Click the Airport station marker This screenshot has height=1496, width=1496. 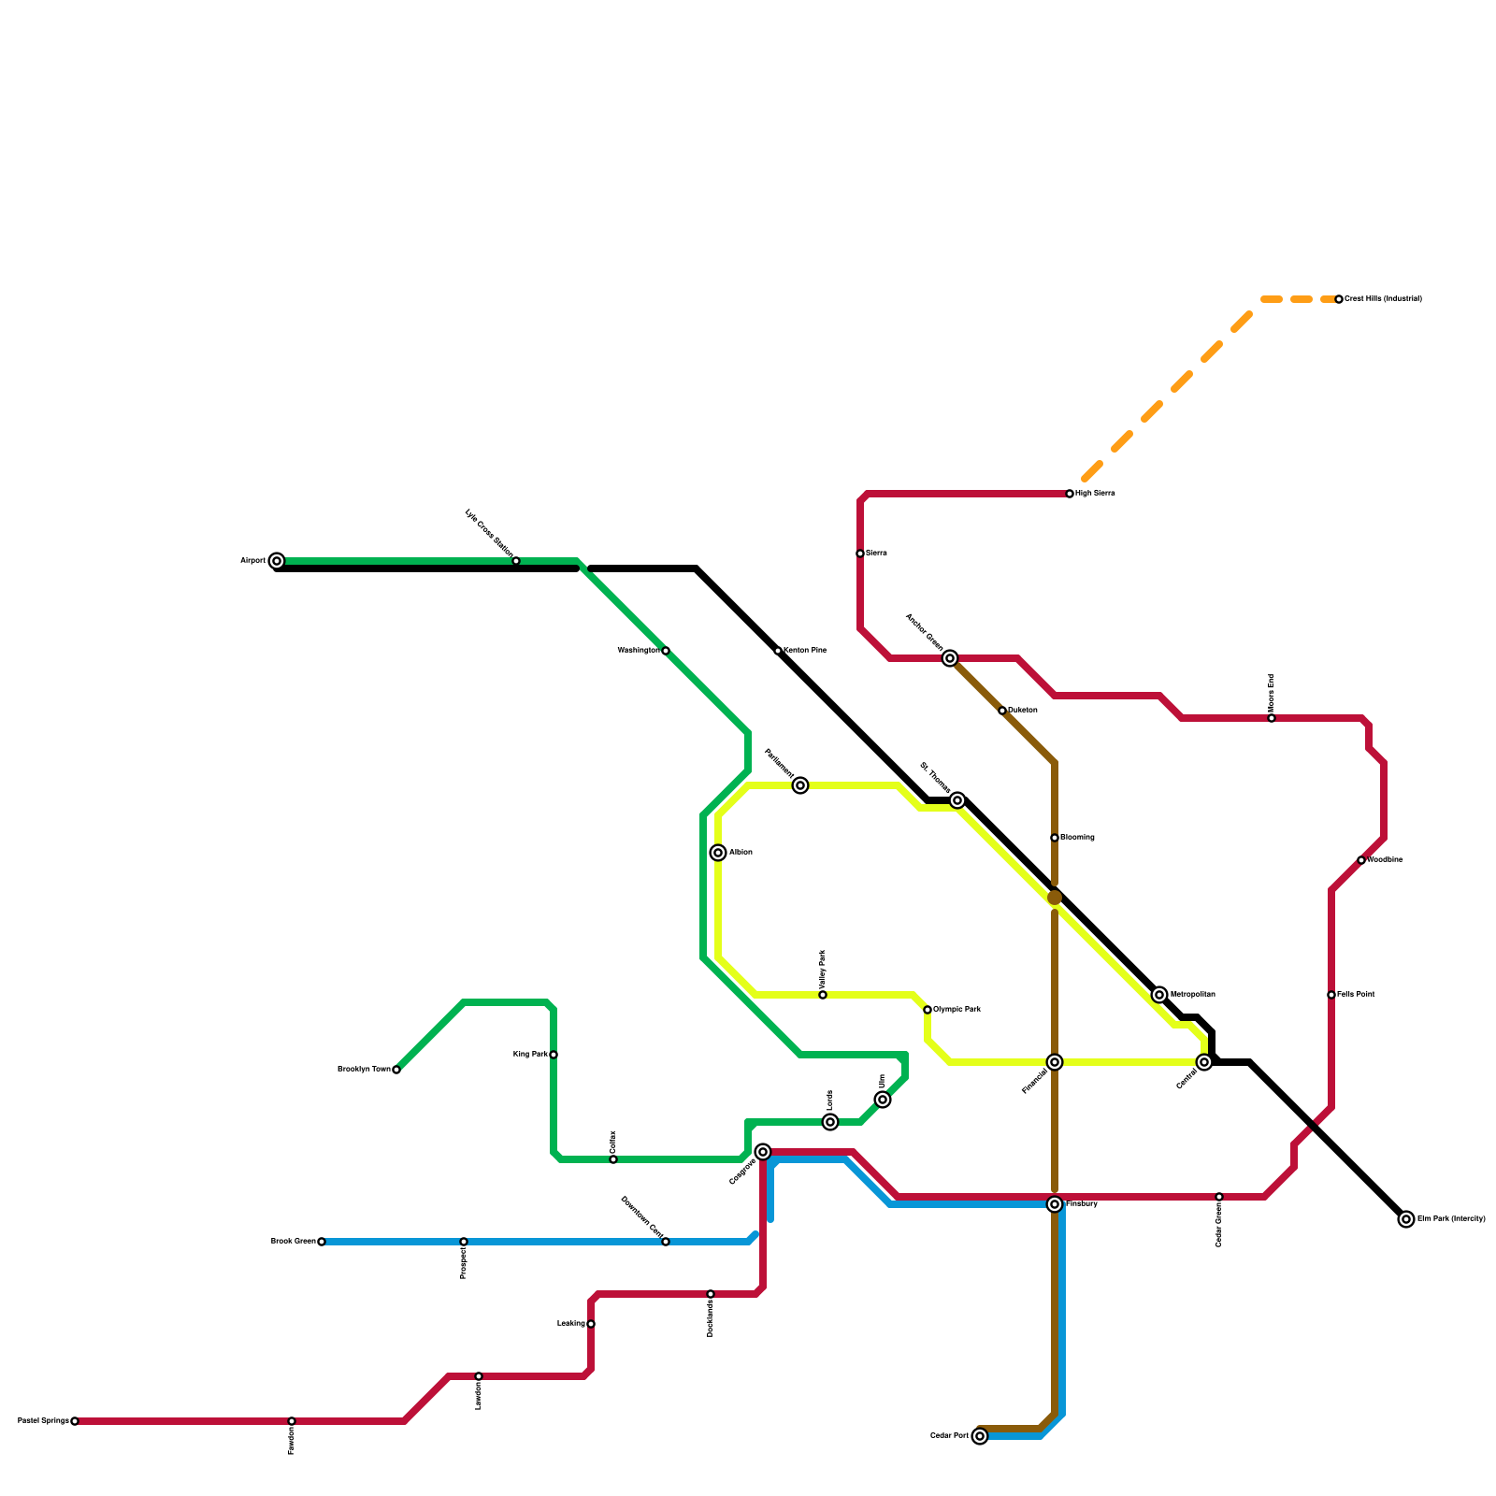point(277,561)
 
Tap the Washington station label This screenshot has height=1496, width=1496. point(638,651)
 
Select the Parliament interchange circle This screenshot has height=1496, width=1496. point(800,785)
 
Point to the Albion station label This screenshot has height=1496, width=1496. point(741,853)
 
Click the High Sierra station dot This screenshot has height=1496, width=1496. point(1070,494)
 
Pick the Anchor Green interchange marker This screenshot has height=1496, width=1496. point(950,658)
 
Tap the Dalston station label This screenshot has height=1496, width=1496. point(1023,711)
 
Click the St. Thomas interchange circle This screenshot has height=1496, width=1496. point(957,800)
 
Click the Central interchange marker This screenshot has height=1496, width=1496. point(1204,1062)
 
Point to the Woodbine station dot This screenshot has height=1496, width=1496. point(1361,860)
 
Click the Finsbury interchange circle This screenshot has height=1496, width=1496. point(1055,1204)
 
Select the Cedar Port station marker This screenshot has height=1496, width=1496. point(980,1436)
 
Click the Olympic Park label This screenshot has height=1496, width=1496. point(957,1010)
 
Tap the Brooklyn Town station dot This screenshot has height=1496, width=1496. point(396,1070)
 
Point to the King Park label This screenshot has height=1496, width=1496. point(530,1055)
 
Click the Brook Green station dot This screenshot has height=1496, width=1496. point(322,1242)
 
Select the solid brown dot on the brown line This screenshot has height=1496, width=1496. point(1055,898)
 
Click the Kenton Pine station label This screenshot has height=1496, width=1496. point(805,651)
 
